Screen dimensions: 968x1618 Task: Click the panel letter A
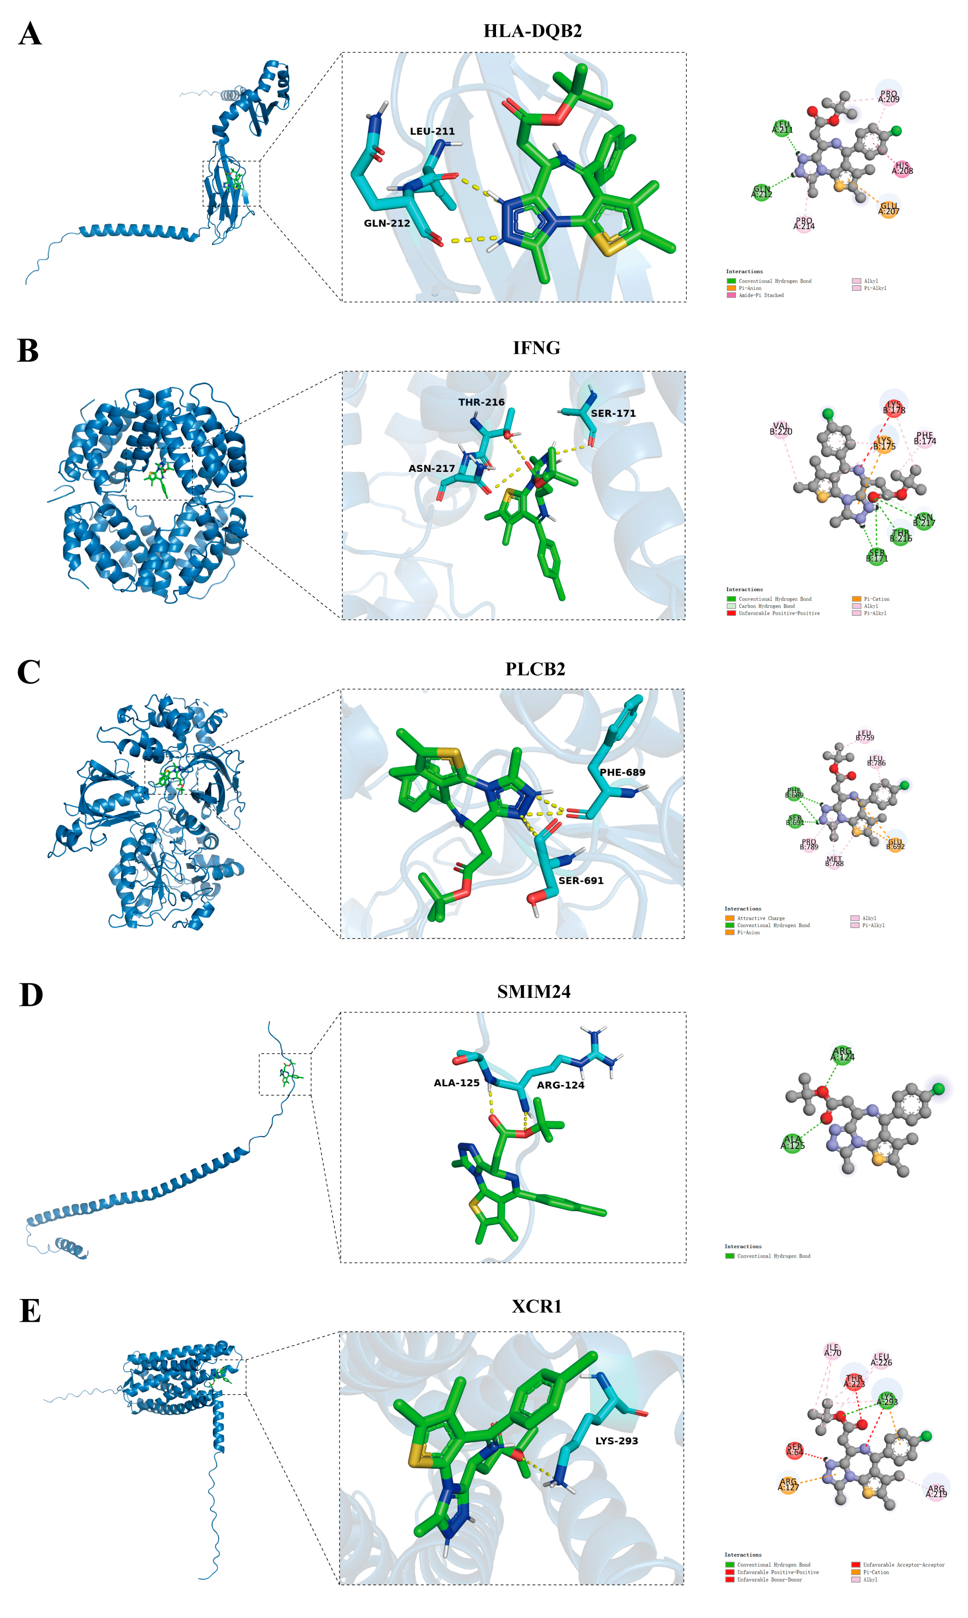30,34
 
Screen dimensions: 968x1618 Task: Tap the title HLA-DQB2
532,31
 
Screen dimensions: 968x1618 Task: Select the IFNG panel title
536,348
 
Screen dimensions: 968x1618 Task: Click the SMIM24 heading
534,992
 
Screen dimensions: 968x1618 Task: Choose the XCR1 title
536,1306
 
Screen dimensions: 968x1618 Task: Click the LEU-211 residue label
432,131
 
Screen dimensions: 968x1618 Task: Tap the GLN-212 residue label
387,223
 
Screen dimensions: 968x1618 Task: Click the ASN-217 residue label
432,468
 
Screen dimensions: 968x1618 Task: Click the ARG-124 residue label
560,1085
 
